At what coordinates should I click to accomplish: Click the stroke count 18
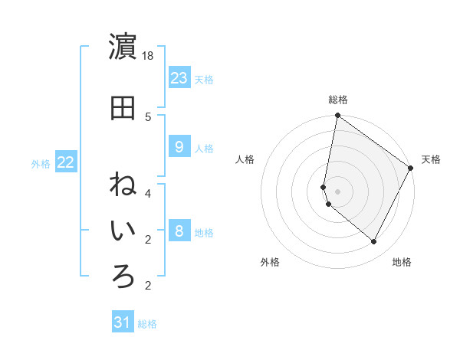tap(149, 57)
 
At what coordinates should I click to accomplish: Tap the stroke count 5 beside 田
tap(148, 116)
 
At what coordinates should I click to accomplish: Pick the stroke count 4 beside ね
tap(148, 193)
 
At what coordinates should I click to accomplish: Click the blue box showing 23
tap(179, 78)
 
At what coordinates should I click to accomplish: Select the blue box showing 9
tap(179, 147)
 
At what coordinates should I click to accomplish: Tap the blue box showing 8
tap(179, 231)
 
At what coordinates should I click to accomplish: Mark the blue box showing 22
tap(66, 162)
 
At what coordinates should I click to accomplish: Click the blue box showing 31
tap(123, 322)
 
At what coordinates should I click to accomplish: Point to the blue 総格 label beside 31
tap(147, 324)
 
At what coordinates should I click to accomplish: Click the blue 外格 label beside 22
tap(41, 163)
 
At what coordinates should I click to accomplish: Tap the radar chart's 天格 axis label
tap(431, 159)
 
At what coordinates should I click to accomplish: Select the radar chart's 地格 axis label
tap(402, 262)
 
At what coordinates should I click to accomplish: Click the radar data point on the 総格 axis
tap(337, 116)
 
